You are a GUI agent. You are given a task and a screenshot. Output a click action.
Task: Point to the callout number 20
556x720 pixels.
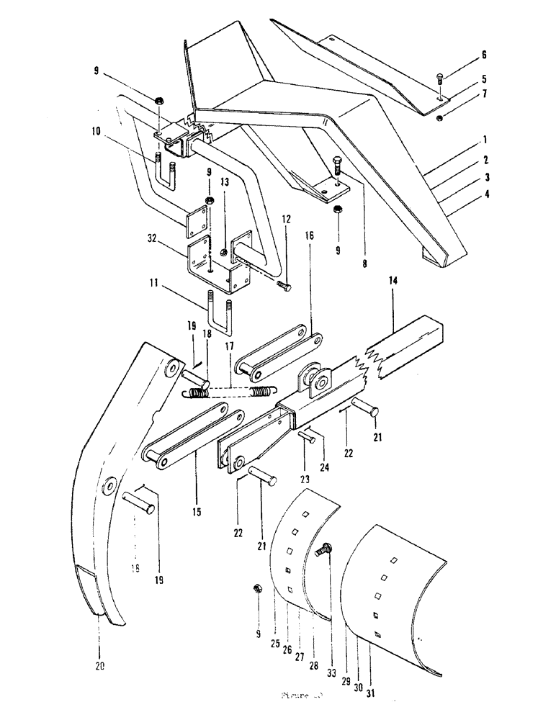[99, 666]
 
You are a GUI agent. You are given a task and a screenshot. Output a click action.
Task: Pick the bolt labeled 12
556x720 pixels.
[284, 287]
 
